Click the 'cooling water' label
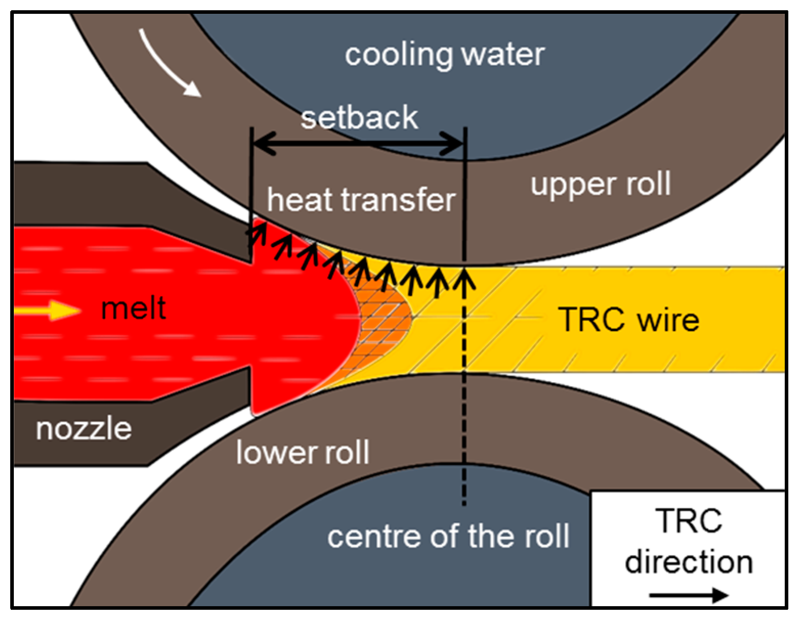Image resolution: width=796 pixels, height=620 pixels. click(x=444, y=55)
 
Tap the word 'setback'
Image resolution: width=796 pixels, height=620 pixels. click(x=359, y=117)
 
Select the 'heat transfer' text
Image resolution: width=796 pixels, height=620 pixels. click(x=361, y=200)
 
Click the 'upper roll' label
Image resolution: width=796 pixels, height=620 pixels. click(x=600, y=184)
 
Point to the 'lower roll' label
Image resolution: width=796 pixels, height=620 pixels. click(x=303, y=453)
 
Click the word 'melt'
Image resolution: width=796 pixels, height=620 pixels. click(x=134, y=308)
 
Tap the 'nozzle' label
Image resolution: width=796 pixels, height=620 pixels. click(x=84, y=429)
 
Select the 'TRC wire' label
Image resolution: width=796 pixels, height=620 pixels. click(x=629, y=320)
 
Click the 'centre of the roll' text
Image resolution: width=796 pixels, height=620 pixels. click(x=448, y=536)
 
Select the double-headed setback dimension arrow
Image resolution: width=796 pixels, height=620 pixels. click(x=358, y=144)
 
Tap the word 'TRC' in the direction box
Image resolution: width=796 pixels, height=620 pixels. click(x=689, y=521)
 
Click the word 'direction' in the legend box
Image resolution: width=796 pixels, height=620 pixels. click(x=689, y=562)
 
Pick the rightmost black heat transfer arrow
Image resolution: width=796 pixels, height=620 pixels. click(x=464, y=281)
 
